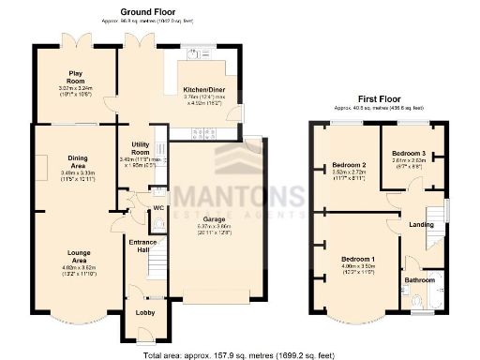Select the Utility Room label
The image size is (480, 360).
(x=141, y=148)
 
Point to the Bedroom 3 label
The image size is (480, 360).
(x=409, y=152)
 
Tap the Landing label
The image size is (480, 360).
(x=420, y=224)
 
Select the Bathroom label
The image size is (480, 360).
(x=420, y=279)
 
